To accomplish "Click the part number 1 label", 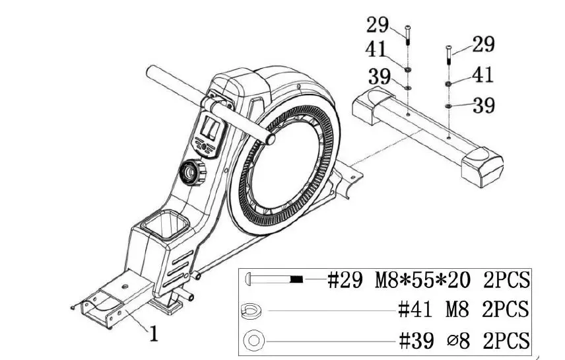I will [152, 334].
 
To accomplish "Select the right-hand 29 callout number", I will [484, 44].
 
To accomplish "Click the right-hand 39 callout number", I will [484, 106].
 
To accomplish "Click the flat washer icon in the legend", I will [253, 341].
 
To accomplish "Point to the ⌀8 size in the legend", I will [459, 341].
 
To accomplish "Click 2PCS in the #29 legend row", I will [506, 280].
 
